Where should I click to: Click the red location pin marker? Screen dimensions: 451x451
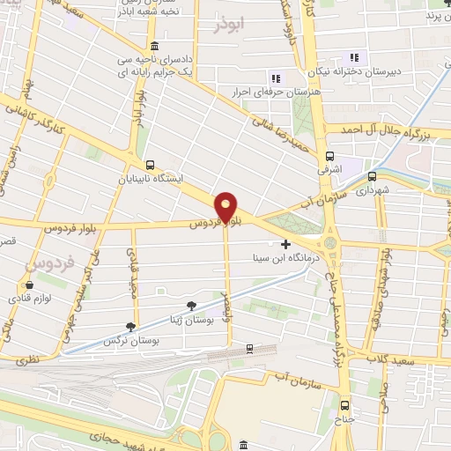226,206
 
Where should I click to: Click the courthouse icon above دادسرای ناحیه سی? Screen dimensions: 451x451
155,46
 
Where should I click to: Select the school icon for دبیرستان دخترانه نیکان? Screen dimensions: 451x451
355,58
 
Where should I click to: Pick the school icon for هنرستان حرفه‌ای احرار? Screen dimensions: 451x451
274,78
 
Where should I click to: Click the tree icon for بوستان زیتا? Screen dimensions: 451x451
191,306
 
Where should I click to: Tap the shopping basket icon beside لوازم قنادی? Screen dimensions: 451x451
30,285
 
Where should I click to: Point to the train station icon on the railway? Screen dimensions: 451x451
250,350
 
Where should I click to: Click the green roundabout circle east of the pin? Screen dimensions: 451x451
331,242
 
